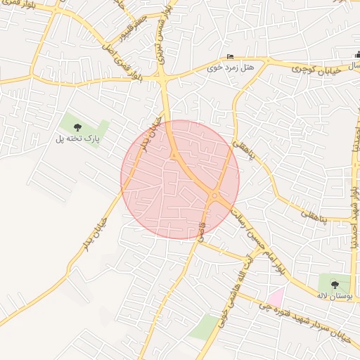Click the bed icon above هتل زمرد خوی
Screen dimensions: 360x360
[230, 58]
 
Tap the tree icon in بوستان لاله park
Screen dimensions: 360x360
[335, 285]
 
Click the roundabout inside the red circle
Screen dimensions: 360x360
[214, 195]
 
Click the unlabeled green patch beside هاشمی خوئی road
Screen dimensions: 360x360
[204, 327]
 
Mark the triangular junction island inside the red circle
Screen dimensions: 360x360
[173, 155]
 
